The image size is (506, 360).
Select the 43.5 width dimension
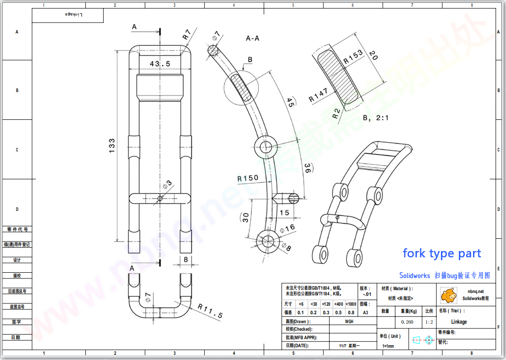(160, 63)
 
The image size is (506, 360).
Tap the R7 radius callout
(187, 34)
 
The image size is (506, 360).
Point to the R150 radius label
(248, 178)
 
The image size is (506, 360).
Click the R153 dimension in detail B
(353, 57)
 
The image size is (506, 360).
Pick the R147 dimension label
(318, 95)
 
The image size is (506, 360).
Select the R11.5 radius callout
(210, 311)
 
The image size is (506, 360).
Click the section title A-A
(252, 38)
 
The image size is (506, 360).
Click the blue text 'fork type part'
(441, 253)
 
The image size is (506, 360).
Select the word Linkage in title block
(458, 322)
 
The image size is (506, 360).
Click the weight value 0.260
(407, 322)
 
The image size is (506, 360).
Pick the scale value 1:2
(429, 322)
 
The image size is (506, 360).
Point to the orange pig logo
(448, 295)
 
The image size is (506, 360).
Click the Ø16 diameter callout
(287, 228)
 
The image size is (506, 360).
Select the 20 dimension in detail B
(373, 55)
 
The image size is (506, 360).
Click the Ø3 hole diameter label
(167, 183)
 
